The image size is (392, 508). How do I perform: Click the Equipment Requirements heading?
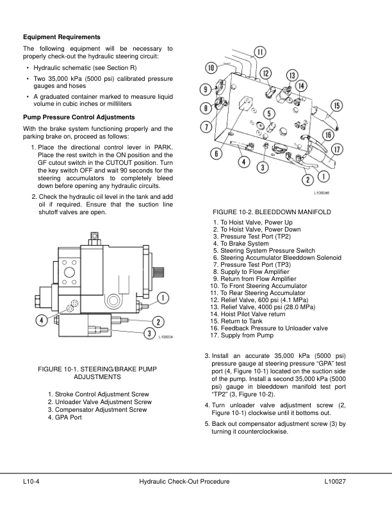(x=61, y=37)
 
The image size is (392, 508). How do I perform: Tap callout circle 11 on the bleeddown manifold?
(x=261, y=52)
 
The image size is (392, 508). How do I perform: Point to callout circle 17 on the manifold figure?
(x=336, y=149)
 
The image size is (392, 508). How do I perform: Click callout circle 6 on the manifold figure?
(x=218, y=154)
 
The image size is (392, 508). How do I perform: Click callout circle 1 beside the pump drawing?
(x=163, y=297)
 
